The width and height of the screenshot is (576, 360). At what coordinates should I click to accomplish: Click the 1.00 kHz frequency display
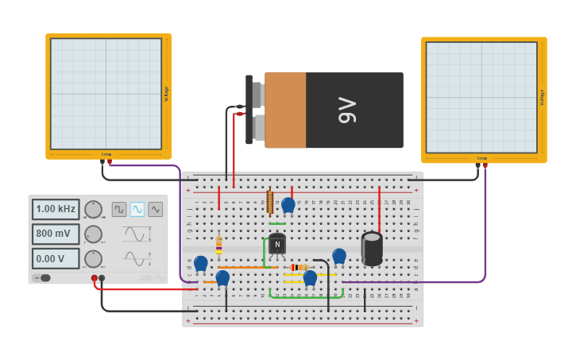pyautogui.click(x=56, y=209)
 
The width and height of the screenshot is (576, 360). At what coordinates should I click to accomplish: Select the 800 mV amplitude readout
pyautogui.click(x=56, y=234)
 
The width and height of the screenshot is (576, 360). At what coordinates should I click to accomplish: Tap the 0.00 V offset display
pyautogui.click(x=56, y=258)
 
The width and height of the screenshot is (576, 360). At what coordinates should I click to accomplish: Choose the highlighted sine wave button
pyautogui.click(x=137, y=209)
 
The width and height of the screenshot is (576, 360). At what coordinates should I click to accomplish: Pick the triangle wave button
pyautogui.click(x=156, y=209)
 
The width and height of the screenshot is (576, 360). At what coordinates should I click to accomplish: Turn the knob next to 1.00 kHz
pyautogui.click(x=93, y=209)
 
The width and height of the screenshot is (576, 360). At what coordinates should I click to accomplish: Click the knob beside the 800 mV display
pyautogui.click(x=93, y=234)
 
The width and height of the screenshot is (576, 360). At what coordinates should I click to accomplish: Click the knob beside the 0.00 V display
pyautogui.click(x=93, y=258)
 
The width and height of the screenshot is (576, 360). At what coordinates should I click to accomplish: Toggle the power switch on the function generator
pyautogui.click(x=42, y=277)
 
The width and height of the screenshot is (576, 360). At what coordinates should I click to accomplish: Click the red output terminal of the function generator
pyautogui.click(x=94, y=278)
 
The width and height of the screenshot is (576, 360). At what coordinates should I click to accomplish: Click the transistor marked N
pyautogui.click(x=276, y=245)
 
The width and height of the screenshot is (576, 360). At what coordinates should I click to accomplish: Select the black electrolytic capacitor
pyautogui.click(x=372, y=248)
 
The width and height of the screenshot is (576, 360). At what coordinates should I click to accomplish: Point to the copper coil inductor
pyautogui.click(x=270, y=202)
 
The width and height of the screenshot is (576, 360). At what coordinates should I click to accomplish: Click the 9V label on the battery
pyautogui.click(x=347, y=110)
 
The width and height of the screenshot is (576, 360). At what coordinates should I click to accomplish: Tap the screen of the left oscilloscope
pyautogui.click(x=106, y=93)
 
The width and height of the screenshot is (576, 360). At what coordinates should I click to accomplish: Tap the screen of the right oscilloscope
pyautogui.click(x=481, y=97)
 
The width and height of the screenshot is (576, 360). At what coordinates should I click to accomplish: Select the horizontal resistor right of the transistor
pyautogui.click(x=299, y=267)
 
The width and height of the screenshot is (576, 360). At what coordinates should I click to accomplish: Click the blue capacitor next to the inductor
pyautogui.click(x=288, y=205)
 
